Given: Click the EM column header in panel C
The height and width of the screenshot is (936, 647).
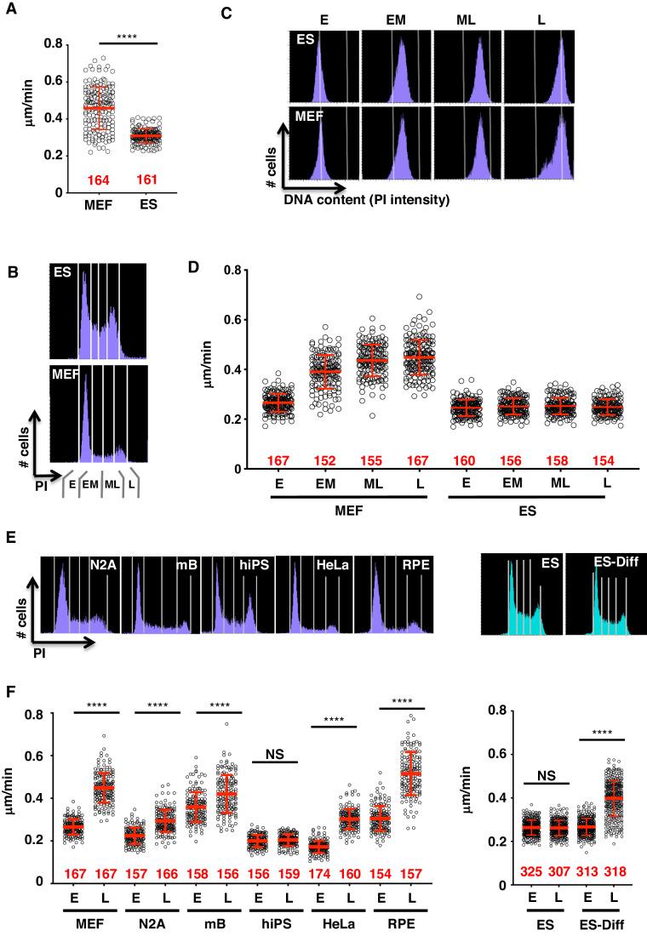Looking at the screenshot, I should (395, 19).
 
